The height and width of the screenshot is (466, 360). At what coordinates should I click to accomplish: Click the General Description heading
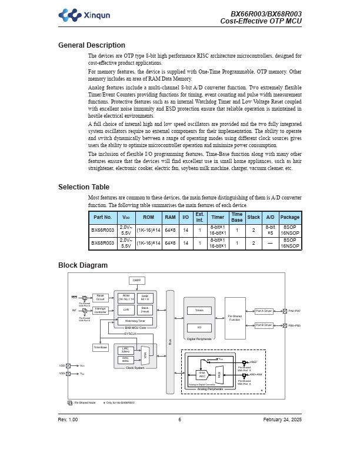91,45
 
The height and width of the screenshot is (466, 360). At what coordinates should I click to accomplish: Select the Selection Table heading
84,187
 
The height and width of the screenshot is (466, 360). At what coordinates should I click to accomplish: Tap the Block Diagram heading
82,265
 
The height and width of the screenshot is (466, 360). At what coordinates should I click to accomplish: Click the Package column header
289,217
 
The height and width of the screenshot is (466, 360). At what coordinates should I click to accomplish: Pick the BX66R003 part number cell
102,229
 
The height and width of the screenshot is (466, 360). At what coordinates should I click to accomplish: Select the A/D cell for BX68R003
270,242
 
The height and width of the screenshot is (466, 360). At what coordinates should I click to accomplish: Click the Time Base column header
236,217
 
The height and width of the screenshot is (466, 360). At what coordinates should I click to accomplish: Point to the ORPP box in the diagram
136,281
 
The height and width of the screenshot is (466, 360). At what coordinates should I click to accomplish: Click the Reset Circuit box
101,298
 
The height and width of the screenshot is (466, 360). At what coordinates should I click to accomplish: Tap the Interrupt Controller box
101,310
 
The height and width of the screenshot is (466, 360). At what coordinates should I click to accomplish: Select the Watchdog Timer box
135,321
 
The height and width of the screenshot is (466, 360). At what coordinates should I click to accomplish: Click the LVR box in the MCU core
126,309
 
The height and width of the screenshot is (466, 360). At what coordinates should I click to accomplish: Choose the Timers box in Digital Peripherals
199,310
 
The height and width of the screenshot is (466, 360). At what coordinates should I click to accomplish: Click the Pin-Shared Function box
235,318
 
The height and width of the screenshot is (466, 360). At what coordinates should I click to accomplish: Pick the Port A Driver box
264,311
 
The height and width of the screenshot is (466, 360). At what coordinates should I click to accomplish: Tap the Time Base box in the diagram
101,348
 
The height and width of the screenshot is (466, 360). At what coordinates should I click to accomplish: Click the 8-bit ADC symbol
202,374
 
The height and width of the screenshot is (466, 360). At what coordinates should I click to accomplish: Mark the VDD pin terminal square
68,365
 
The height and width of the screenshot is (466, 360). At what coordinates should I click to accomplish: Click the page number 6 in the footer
179,420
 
